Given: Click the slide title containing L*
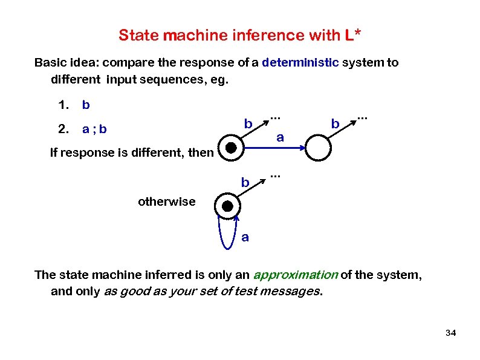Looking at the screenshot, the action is click(240, 35).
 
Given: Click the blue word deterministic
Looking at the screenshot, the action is click(300, 63).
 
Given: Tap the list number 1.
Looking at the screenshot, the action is click(62, 105).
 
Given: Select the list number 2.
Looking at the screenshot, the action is click(62, 128).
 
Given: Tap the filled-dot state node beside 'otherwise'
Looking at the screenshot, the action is click(227, 206).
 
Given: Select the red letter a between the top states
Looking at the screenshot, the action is click(279, 137).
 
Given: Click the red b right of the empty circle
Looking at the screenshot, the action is click(334, 124).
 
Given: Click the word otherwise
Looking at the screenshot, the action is click(167, 201).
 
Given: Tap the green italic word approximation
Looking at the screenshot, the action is click(296, 275).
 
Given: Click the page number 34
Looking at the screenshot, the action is click(450, 333).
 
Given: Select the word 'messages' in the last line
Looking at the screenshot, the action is click(293, 292).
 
